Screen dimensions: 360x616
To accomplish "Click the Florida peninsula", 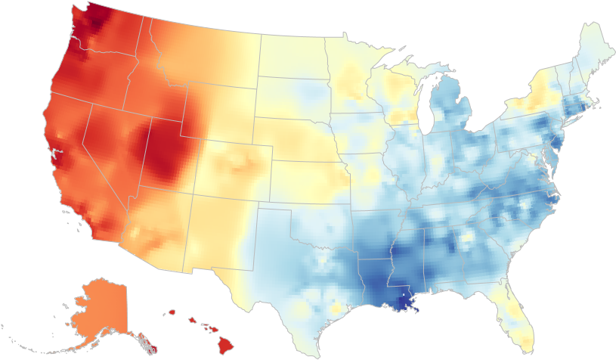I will pos(518,310).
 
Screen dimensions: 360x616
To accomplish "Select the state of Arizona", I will pos(155,227).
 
